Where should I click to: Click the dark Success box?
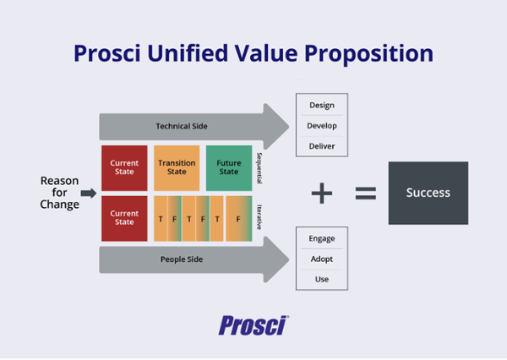428,193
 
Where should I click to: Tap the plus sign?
322,194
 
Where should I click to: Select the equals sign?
365,194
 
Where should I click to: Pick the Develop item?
322,126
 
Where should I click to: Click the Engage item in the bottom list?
322,240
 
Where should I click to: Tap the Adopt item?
322,259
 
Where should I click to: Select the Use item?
322,279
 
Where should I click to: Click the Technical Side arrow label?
182,126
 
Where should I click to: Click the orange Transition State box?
177,167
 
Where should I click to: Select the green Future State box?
229,167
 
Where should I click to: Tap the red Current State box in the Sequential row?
124,167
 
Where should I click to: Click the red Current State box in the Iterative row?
124,217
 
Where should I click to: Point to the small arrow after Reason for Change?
88,193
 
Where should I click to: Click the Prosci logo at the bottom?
253,325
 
